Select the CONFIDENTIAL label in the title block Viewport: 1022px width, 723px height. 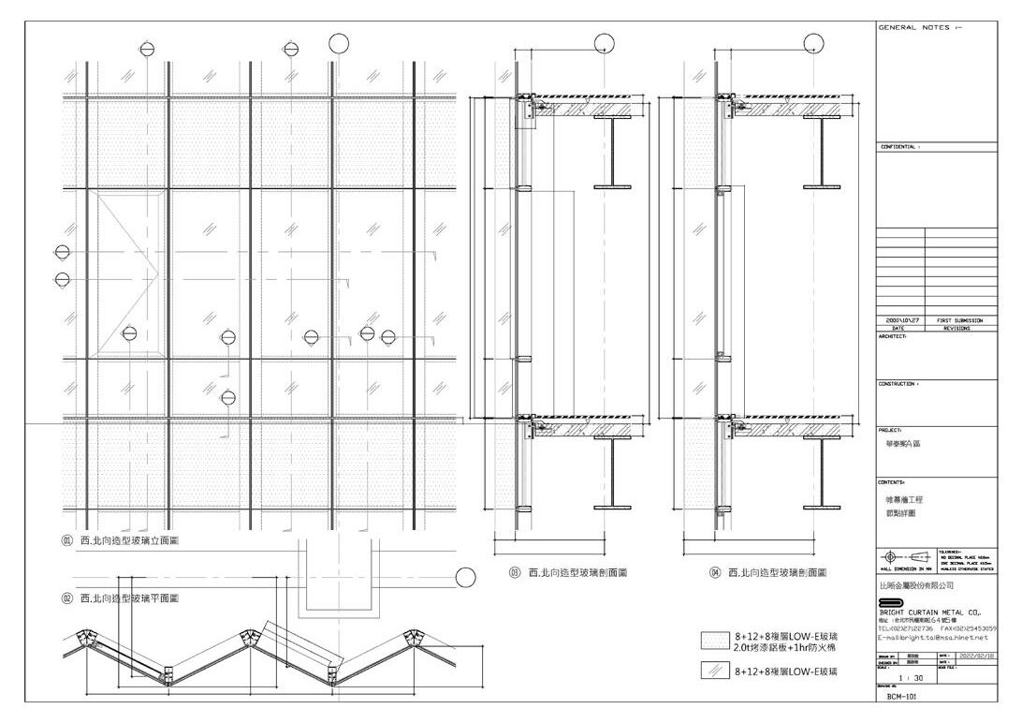coord(900,147)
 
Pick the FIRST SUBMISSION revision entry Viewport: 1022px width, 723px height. coord(959,320)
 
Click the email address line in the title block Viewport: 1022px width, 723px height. coord(932,638)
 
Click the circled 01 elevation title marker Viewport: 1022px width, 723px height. coord(67,540)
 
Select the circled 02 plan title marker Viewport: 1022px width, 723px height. coord(67,598)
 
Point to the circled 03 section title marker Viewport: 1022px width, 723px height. coord(514,572)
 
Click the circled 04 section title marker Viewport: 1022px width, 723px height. coord(715,572)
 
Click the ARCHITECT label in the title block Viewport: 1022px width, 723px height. coord(893,336)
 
